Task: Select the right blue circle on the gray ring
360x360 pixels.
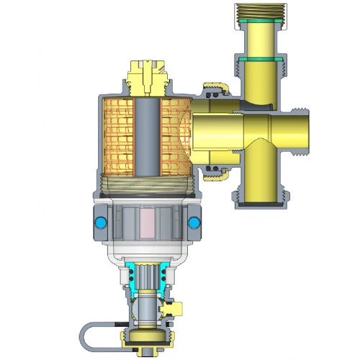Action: coord(194,222)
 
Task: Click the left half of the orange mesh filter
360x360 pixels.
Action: coord(119,137)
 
